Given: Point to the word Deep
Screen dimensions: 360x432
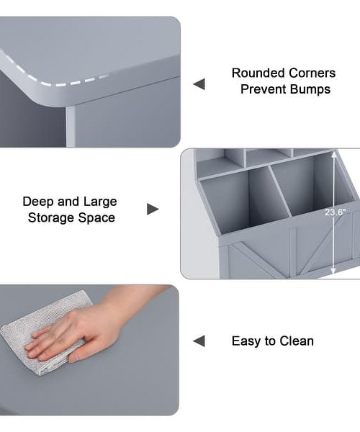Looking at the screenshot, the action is click(x=37, y=202).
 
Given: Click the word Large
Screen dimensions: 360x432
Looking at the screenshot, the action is click(x=100, y=202).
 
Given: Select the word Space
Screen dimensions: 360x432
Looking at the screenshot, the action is click(x=96, y=218).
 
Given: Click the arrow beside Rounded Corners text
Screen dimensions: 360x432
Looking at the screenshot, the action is click(x=199, y=84).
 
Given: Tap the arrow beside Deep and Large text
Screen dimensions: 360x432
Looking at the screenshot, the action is click(x=153, y=209).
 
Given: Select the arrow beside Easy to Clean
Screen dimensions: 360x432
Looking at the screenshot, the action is click(x=199, y=341).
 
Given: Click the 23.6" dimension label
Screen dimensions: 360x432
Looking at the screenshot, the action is click(x=335, y=212).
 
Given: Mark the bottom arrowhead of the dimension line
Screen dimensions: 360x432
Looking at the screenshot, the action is click(x=333, y=271).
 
